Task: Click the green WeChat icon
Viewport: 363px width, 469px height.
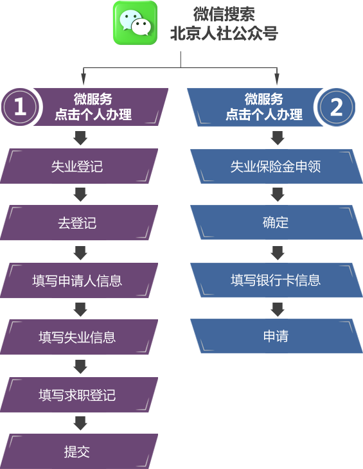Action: (135, 23)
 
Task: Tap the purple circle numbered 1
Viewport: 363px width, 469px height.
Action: (20, 107)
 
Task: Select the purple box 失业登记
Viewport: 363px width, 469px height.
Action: (79, 166)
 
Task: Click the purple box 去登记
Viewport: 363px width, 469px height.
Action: (79, 222)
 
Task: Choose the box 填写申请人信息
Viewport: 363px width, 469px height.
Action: (79, 281)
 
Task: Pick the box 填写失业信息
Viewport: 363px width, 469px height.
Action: (79, 337)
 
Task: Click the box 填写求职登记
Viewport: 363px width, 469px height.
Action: (79, 395)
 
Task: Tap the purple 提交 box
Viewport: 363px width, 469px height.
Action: (79, 452)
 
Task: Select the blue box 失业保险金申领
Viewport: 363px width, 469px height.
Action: (276, 166)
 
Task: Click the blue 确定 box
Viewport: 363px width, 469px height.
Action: (276, 222)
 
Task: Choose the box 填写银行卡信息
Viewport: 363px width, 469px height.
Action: (276, 280)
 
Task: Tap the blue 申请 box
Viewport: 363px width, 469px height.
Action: (276, 336)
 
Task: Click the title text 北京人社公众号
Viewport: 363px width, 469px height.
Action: (224, 33)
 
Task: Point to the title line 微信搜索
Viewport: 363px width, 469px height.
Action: (224, 14)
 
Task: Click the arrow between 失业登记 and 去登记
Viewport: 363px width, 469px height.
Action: (80, 195)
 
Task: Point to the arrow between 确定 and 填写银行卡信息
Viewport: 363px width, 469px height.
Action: (278, 252)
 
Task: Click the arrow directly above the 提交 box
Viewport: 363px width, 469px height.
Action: (80, 423)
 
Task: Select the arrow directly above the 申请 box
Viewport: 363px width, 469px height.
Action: (278, 309)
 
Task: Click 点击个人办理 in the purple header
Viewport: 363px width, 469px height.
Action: (93, 114)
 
